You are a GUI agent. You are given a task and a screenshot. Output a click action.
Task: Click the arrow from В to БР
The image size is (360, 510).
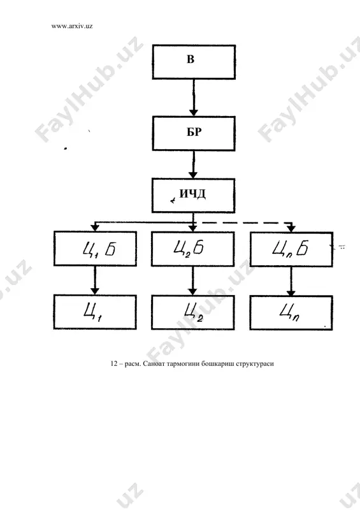pyautogui.click(x=194, y=98)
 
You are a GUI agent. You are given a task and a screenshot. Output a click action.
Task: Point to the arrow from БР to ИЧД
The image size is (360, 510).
pyautogui.click(x=194, y=164)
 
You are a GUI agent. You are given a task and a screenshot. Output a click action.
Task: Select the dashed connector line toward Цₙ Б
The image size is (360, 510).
pyautogui.click(x=247, y=223)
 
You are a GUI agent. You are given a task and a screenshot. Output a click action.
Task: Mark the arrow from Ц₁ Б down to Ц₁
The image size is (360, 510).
pyautogui.click(x=95, y=280)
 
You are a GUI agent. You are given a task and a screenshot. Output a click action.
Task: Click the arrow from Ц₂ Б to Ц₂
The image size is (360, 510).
pyautogui.click(x=193, y=280)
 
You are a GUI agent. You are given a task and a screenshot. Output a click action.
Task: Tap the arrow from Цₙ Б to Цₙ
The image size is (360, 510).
pyautogui.click(x=291, y=281)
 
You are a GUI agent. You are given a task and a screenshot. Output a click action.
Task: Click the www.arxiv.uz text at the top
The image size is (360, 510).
pyautogui.click(x=72, y=26)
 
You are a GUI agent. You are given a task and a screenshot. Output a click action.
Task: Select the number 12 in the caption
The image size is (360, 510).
pyautogui.click(x=114, y=363)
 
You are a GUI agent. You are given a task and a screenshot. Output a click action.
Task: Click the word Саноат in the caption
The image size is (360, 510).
pyautogui.click(x=154, y=363)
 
